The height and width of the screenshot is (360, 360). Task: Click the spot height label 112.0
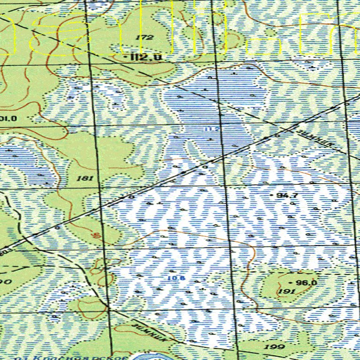pyautogui.click(x=146, y=57)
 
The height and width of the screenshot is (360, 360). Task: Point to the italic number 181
pyautogui.click(x=87, y=178)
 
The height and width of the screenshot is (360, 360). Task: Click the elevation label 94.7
pyautogui.click(x=288, y=195)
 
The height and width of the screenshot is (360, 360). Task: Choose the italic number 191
pyautogui.click(x=286, y=291)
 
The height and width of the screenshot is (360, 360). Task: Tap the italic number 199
pyautogui.click(x=275, y=347)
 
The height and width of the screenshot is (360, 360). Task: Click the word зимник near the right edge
pyautogui.click(x=319, y=139)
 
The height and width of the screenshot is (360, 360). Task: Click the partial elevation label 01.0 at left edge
pyautogui.click(x=8, y=119)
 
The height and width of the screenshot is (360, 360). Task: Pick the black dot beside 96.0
pyautogui.click(x=292, y=283)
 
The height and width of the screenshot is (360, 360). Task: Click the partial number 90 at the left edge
pyautogui.click(x=5, y=281)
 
